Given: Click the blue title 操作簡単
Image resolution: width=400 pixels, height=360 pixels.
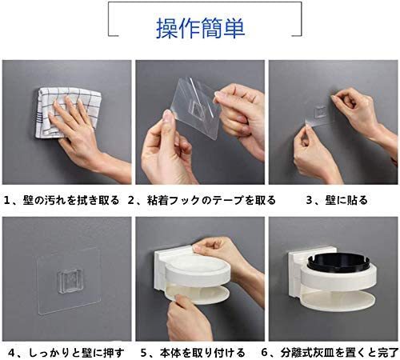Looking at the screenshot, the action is click(x=200, y=28).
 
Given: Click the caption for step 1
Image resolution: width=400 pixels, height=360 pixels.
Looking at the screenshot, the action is click(x=62, y=200).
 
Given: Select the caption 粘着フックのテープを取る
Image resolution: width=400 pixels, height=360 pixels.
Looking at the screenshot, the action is click(x=211, y=200).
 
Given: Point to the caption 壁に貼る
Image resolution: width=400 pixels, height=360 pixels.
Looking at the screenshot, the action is click(x=346, y=200).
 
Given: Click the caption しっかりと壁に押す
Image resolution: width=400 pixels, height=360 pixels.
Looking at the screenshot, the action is click(x=76, y=353).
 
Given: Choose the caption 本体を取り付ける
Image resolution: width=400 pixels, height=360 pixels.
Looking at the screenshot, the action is click(x=202, y=353).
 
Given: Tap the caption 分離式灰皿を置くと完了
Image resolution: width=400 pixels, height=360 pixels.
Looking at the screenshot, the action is click(x=339, y=353).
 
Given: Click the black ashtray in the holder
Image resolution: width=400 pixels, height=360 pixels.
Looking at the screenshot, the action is click(x=338, y=262).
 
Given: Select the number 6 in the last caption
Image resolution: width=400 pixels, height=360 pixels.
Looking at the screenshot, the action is click(x=264, y=353).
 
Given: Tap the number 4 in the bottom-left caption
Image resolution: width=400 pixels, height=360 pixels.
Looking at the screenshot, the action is click(x=11, y=353).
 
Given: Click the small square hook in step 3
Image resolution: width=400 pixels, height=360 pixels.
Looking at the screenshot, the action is click(x=320, y=111).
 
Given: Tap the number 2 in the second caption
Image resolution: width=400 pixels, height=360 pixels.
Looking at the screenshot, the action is click(x=130, y=200).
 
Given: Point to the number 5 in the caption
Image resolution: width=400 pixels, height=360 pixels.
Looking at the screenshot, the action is click(x=144, y=353).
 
